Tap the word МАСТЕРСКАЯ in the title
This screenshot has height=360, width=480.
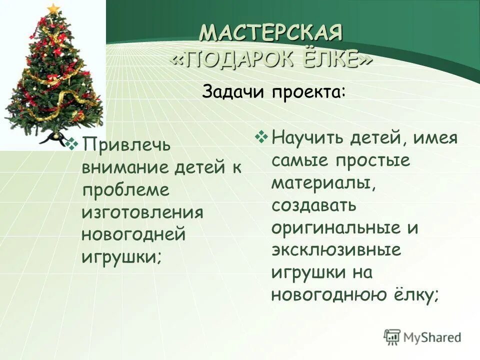tap(271, 34)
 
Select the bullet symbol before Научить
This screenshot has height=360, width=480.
tap(262, 135)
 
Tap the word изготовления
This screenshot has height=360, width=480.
tap(142, 212)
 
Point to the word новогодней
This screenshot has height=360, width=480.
tap(133, 234)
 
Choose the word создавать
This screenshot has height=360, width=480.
tap(314, 204)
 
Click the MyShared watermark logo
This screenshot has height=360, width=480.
tap(422, 336)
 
